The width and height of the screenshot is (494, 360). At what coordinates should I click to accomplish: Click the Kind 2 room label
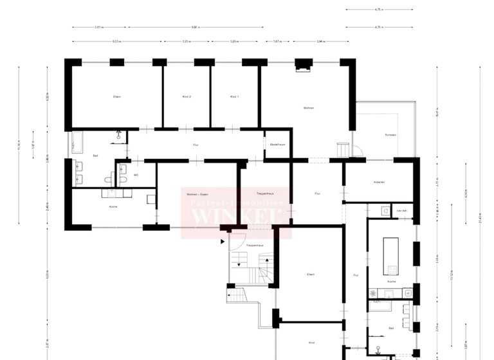click(187, 96)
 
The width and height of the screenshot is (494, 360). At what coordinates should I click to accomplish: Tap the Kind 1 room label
click(234, 96)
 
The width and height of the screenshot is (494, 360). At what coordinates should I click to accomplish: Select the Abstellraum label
click(277, 145)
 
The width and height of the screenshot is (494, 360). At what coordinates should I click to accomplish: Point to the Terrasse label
click(390, 135)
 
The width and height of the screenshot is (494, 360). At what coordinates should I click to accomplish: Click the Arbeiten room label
click(379, 183)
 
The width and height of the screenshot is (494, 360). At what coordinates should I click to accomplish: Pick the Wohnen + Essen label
click(197, 194)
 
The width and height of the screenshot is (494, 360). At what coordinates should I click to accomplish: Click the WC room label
click(136, 175)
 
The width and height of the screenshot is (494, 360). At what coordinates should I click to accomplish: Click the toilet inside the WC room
click(122, 170)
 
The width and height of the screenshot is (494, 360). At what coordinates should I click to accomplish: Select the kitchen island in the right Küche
click(390, 256)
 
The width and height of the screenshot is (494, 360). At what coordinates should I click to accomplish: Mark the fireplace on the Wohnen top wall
click(302, 65)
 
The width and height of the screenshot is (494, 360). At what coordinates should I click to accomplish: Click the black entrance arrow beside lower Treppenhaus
click(223, 242)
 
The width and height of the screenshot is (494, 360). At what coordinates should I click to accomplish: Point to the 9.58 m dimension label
click(194, 28)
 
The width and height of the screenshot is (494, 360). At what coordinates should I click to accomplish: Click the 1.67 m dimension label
click(277, 42)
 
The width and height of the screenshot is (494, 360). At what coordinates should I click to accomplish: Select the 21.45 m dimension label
click(480, 220)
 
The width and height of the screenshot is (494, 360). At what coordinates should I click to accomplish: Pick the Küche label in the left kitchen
click(113, 206)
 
